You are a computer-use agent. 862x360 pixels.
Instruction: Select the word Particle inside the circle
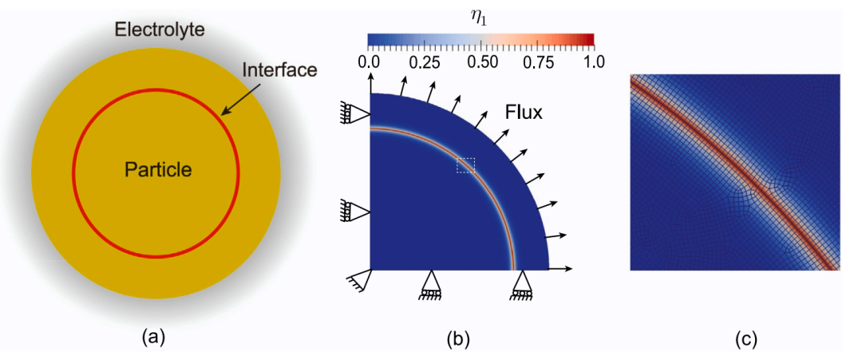click(157, 170)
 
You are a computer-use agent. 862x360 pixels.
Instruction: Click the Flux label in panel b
click(524, 113)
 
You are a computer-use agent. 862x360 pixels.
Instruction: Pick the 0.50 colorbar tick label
click(481, 61)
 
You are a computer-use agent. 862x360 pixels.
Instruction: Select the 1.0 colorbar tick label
click(594, 61)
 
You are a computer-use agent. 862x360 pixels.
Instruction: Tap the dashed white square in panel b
click(465, 165)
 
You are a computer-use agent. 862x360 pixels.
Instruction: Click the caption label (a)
click(151, 337)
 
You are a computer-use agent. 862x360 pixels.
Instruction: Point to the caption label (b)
click(459, 337)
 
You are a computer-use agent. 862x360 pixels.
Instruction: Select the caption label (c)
click(746, 337)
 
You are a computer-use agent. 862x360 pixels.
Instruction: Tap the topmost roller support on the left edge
click(358, 114)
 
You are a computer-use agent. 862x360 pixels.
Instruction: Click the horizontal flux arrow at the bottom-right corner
click(561, 269)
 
